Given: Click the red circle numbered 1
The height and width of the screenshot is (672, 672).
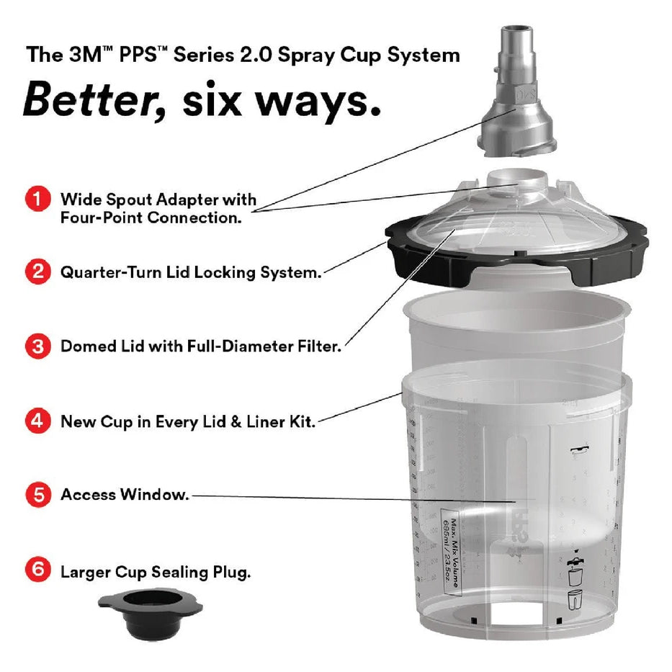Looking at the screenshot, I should [37, 200].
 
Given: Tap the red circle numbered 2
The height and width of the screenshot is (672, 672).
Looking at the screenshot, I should [37, 272].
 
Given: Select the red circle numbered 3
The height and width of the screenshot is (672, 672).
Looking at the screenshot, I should [37, 347].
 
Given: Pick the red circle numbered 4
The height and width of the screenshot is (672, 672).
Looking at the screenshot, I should [37, 421].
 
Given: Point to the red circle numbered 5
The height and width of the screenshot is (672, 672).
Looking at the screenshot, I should [37, 495].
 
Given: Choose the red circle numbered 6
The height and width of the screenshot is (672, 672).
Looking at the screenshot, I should [37, 571].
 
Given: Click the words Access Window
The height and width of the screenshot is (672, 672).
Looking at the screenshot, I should [125, 496].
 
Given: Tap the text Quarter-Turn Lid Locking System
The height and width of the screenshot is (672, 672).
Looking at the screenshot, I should [190, 273].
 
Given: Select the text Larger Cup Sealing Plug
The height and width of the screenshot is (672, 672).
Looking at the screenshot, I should [156, 573].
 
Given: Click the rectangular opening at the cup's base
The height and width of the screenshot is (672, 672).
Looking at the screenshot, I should [513, 611].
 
